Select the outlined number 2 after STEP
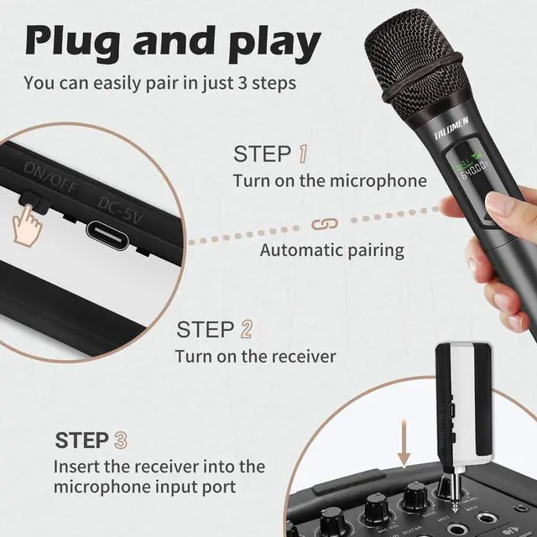[246, 329]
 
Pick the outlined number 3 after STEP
[122, 440]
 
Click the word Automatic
[298, 250]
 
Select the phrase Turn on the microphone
[330, 180]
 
